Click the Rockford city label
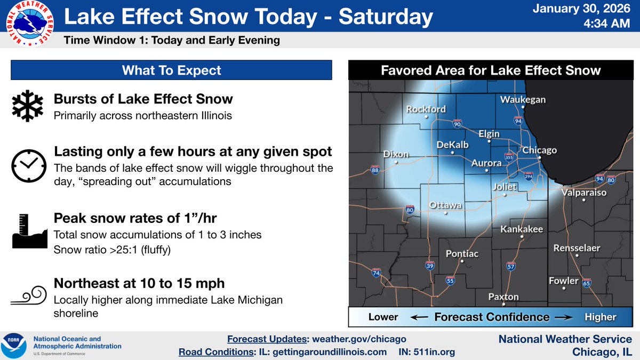426,109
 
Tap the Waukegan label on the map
523,100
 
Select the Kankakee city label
521,229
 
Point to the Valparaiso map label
584,193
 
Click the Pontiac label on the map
462,254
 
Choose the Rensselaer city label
577,248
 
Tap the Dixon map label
396,154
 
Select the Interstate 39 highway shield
430,265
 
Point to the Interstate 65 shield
586,283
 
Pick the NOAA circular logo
14,345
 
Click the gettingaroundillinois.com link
333,352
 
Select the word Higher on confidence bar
600,317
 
